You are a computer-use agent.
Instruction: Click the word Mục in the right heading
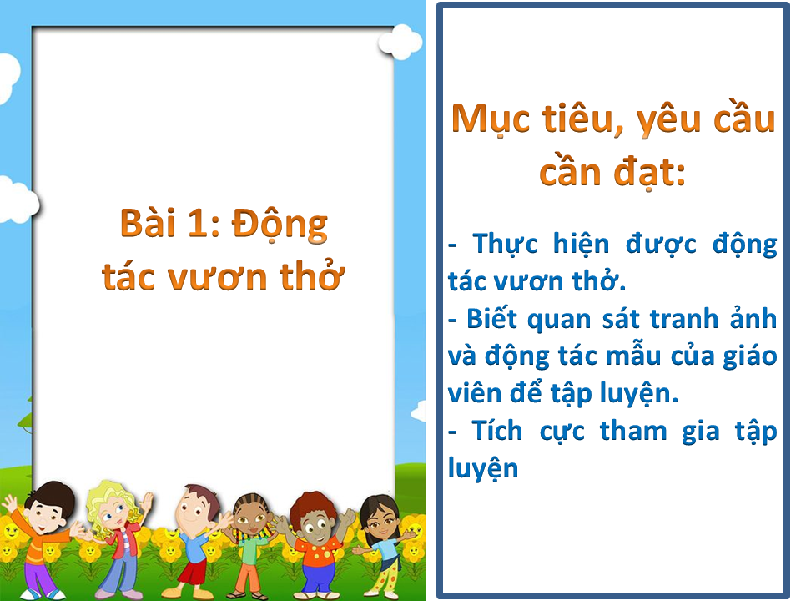tap(491, 120)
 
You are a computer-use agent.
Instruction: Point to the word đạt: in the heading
tap(649, 173)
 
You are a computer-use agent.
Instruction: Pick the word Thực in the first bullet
tap(506, 245)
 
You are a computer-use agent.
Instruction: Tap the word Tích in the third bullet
tap(497, 431)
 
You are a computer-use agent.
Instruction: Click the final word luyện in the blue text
tap(483, 469)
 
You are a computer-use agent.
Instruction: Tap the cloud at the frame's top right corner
tap(400, 42)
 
